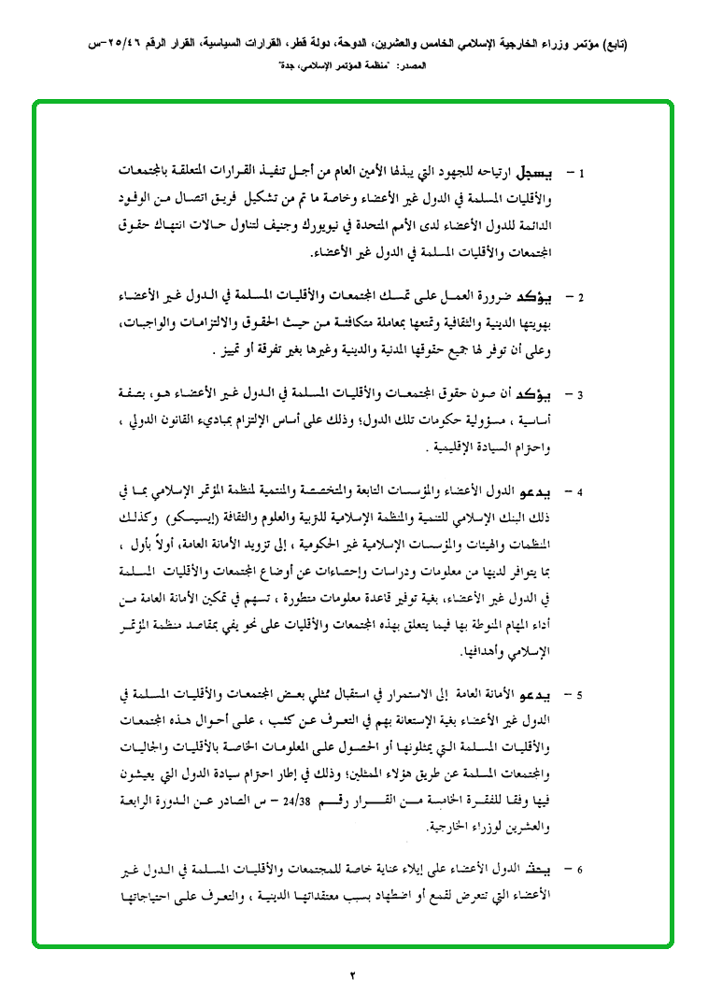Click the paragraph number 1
coord(581,175)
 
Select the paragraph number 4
coord(581,491)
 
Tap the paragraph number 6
coord(581,872)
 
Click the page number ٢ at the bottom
coord(353,976)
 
